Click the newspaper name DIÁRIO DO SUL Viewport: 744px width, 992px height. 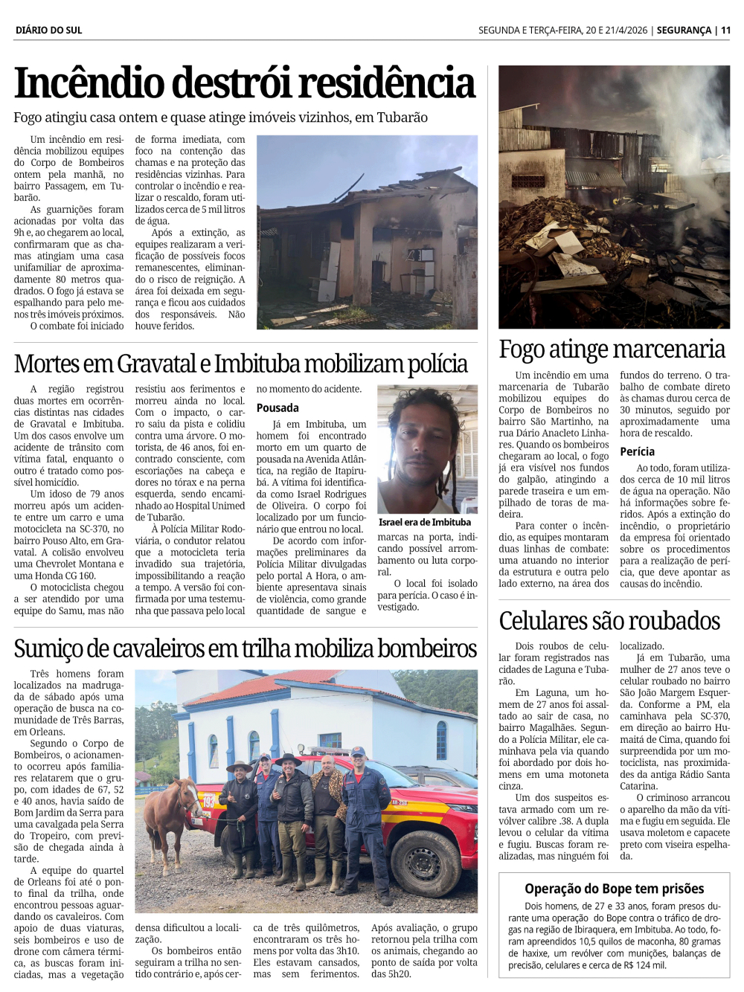tap(48, 30)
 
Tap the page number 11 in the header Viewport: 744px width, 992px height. tap(725, 30)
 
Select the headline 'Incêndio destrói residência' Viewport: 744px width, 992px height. tap(244, 83)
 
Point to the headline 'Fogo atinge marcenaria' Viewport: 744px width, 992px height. tap(612, 349)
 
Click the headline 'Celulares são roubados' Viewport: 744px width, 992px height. tap(609, 620)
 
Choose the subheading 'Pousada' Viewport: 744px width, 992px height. tap(278, 408)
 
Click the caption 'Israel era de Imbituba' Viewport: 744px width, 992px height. tap(424, 522)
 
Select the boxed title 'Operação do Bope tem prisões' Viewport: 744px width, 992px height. tap(614, 889)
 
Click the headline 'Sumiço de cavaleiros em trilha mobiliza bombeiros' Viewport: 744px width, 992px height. tap(245, 648)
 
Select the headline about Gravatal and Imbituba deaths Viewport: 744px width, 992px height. tap(240, 364)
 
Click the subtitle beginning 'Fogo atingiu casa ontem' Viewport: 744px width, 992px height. tap(220, 117)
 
